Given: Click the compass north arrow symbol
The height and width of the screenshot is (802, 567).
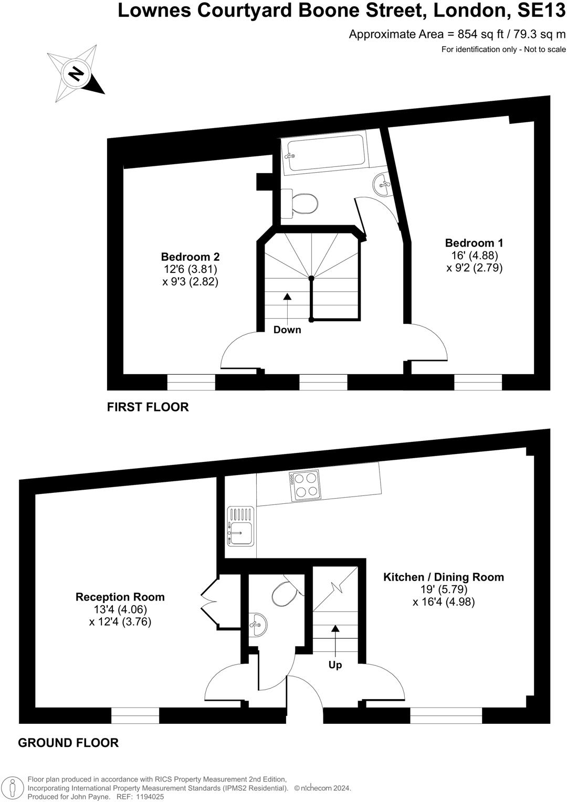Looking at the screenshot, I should (x=77, y=73).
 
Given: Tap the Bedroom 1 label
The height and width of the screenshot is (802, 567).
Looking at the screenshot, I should (x=474, y=243).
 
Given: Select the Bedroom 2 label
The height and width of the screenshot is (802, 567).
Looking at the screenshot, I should (x=190, y=257).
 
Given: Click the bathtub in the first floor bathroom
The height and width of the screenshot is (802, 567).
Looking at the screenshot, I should (x=323, y=153).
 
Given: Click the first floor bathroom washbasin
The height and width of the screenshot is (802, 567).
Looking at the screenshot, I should (x=383, y=184).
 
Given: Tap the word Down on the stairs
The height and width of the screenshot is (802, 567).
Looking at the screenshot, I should (x=287, y=330).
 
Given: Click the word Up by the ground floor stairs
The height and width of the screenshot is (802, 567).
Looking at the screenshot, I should (x=335, y=665).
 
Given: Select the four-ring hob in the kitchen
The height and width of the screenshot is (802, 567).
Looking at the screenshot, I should (x=304, y=484).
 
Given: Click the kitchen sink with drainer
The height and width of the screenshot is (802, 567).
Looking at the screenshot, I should (x=240, y=526).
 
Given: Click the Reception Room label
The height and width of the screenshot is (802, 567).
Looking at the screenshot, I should (x=120, y=597).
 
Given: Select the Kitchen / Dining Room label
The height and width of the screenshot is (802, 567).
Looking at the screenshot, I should (x=444, y=577).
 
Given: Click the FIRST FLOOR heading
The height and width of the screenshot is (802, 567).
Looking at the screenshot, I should (x=148, y=407).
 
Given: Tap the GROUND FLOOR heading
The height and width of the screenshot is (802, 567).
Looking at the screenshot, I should (x=68, y=743).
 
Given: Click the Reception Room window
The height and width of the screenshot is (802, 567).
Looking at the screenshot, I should (x=135, y=715).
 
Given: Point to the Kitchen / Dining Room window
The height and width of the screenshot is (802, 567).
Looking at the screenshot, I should (x=446, y=715).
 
